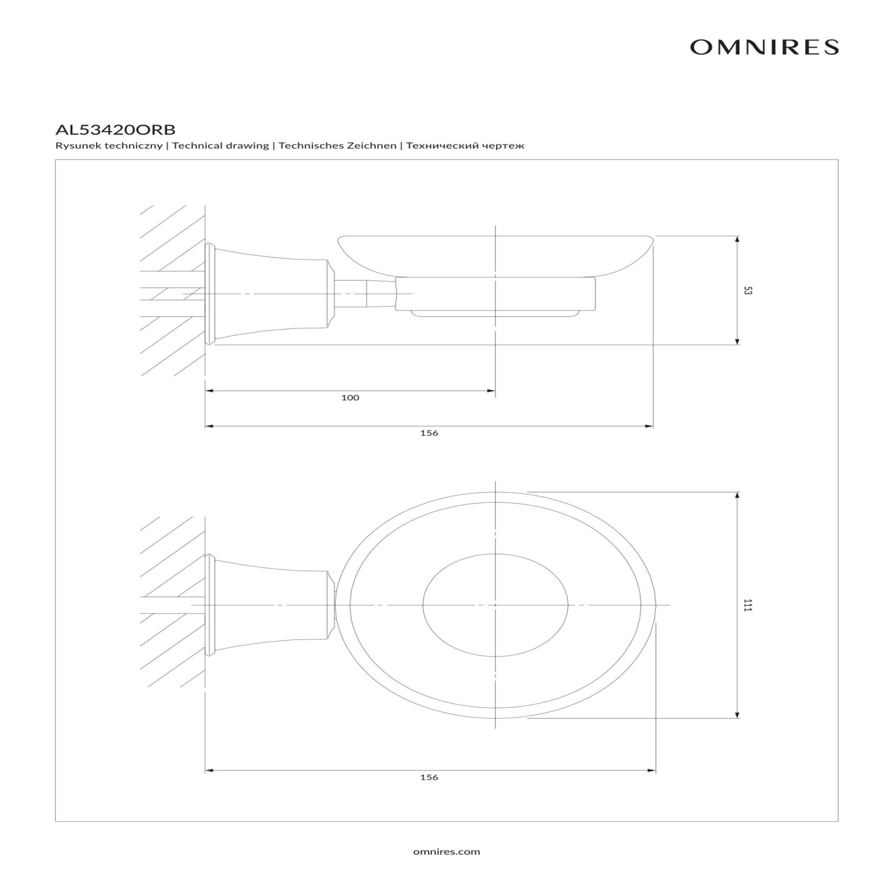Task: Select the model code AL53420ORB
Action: [115, 129]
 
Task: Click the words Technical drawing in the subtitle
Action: [220, 146]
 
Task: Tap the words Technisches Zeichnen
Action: [338, 146]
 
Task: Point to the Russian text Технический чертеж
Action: [465, 146]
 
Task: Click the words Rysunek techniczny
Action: [109, 146]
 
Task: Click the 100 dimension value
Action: [350, 397]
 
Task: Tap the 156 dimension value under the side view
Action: [429, 433]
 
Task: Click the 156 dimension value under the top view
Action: [429, 777]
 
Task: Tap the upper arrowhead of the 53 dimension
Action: [737, 240]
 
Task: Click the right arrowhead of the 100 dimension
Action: [491, 391]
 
